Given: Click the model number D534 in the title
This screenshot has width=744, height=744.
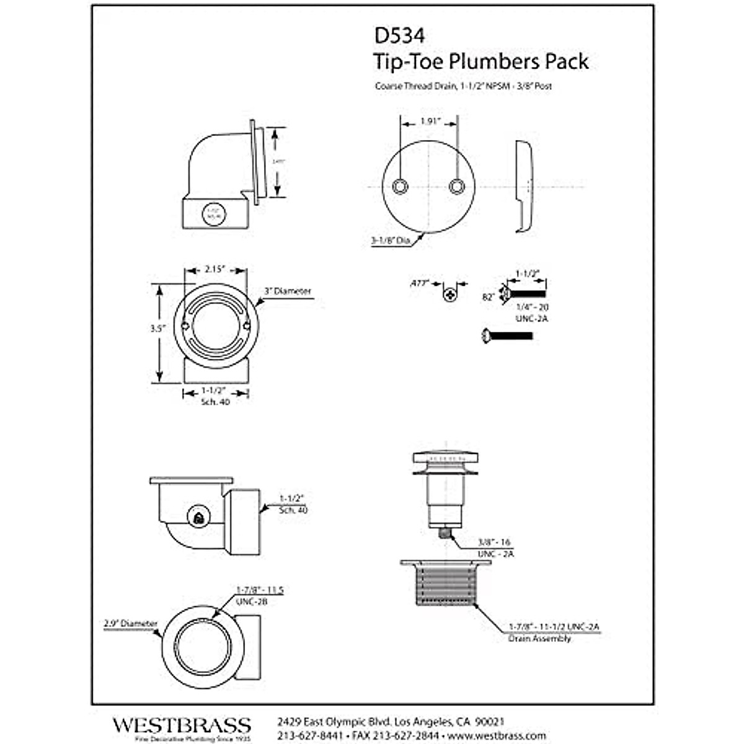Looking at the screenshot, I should point(399,36).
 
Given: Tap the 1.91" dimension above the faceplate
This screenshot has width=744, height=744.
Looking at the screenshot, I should point(430,122).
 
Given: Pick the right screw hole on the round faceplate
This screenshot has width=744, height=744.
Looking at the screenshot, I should point(457,186).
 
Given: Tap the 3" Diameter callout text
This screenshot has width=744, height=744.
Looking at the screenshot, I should point(288,291).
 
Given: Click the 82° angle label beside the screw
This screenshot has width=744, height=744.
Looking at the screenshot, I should point(489,297).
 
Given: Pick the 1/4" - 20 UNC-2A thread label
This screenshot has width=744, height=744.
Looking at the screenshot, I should point(533,312).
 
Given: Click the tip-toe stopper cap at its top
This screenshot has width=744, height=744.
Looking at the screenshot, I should point(446,457).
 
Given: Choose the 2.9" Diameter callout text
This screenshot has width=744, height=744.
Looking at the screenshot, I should point(131,623).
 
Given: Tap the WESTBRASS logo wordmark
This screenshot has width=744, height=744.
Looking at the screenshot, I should point(182,724).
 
